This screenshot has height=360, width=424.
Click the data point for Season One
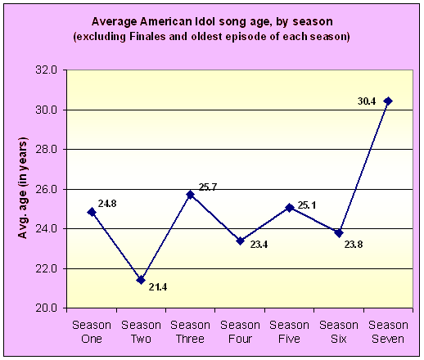coord(92,212)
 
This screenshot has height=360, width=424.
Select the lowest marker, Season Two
coord(141,280)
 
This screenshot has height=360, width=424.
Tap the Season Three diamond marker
coord(190,195)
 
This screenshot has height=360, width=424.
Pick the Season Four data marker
coord(240,241)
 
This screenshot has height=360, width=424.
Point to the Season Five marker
coord(290,208)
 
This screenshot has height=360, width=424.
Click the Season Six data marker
coord(339,233)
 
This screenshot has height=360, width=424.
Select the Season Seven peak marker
coord(388,101)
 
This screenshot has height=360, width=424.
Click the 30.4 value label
coord(367,101)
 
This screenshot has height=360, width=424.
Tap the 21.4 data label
coord(158,287)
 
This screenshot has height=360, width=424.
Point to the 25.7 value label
coord(208,187)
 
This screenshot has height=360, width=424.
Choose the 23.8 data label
coord(354,245)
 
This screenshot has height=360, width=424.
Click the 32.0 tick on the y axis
coord(46,70)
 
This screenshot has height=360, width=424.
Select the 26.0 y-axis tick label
coord(46,189)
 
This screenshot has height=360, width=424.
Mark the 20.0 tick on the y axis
coord(46,308)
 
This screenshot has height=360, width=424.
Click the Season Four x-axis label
coord(240,332)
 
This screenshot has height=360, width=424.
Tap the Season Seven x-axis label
coord(388,332)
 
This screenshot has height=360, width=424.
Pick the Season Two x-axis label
coord(141,332)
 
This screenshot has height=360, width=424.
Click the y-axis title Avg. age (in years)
coord(23,188)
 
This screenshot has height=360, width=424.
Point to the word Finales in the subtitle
coord(147,36)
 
